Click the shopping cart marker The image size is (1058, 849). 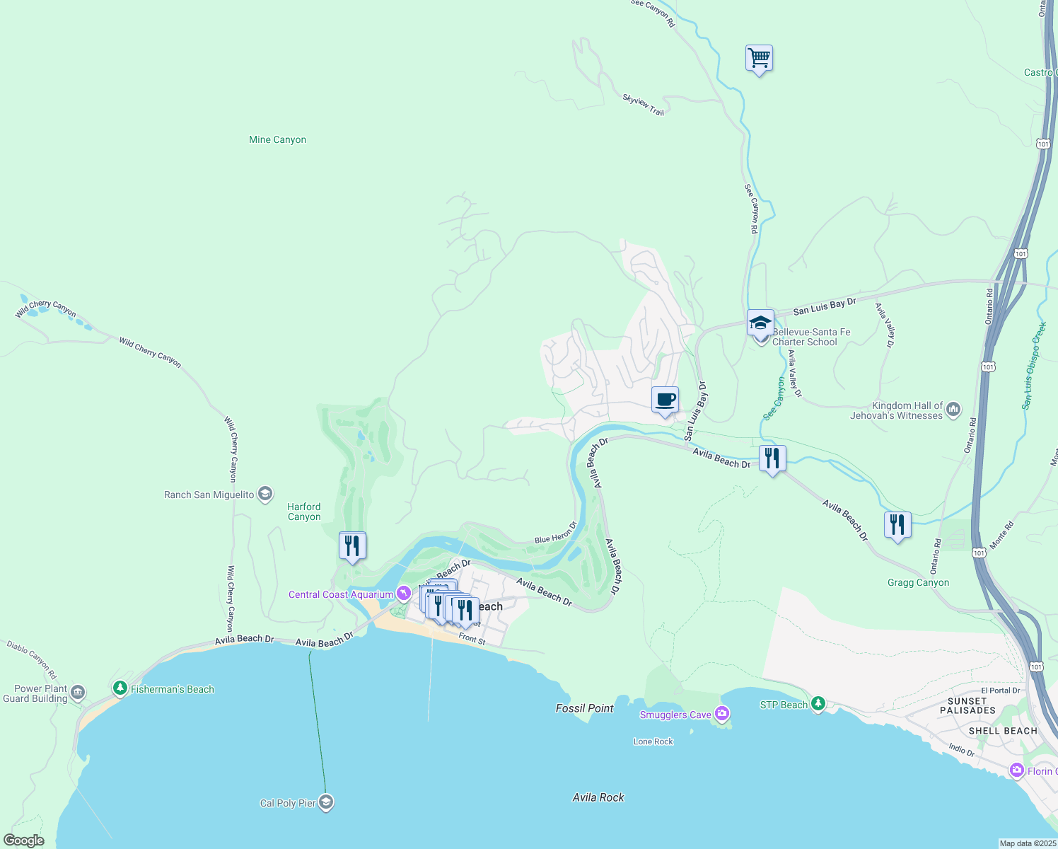(759, 58)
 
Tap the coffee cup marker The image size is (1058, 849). (665, 400)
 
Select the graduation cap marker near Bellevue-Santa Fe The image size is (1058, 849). (760, 323)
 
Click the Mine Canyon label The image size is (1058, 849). (277, 140)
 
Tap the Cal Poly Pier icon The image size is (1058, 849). (326, 802)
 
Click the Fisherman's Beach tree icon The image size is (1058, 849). (120, 688)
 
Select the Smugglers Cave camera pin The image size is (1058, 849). (721, 713)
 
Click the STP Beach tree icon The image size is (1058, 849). (818, 703)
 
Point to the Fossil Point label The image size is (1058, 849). (584, 708)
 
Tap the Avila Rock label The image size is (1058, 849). (598, 797)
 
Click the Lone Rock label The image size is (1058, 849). (653, 741)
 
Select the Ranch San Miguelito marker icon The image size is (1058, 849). (265, 494)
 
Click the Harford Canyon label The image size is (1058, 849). (304, 512)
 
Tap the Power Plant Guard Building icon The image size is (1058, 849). (78, 692)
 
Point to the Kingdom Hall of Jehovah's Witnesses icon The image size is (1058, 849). (953, 409)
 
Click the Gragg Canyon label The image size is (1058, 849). (918, 583)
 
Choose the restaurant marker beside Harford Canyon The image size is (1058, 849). (352, 545)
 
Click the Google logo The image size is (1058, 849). (24, 841)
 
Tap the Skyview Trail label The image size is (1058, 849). (643, 105)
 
